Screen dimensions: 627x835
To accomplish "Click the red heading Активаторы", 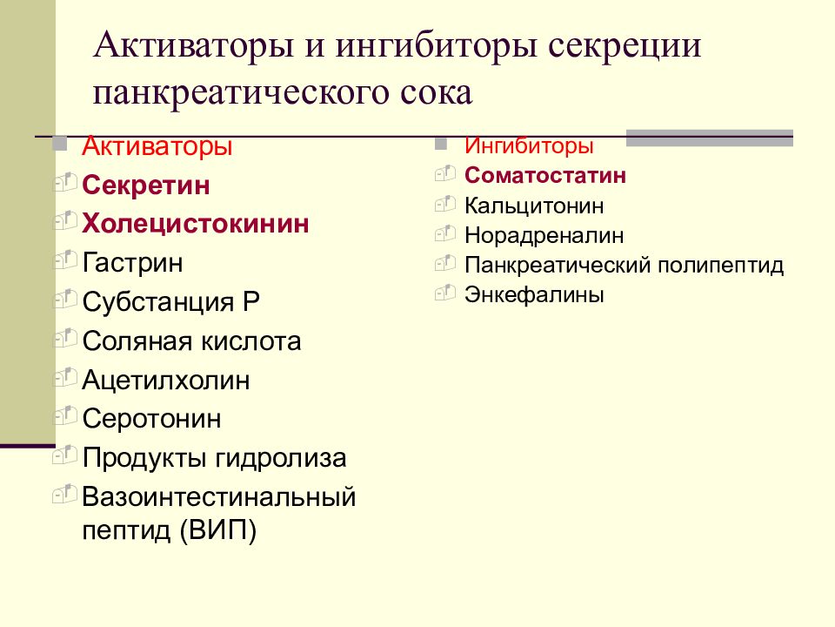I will [x=157, y=146].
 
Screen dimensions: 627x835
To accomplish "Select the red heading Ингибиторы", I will [x=529, y=145].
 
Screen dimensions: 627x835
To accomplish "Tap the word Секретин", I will [x=146, y=185].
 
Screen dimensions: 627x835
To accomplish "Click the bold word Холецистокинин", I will [x=196, y=224].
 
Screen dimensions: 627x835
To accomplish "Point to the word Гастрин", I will [x=133, y=262].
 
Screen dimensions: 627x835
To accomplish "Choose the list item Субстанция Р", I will [x=170, y=301].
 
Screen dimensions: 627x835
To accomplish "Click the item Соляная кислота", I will [x=191, y=340].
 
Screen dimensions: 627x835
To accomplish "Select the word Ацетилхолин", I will [x=166, y=380].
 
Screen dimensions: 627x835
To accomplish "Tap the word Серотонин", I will [x=152, y=419].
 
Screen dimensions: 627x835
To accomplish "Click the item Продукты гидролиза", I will [x=214, y=457].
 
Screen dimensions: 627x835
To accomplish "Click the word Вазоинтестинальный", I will [x=219, y=498].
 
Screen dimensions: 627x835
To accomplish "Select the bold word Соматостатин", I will [x=545, y=176].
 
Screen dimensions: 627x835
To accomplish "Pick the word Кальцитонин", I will [x=534, y=206].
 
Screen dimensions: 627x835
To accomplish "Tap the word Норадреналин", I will [x=544, y=235].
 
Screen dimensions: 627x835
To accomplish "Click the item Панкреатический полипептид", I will [x=624, y=265].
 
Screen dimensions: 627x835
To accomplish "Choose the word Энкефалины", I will [x=534, y=294].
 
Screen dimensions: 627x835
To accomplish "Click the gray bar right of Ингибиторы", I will [x=709, y=137].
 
